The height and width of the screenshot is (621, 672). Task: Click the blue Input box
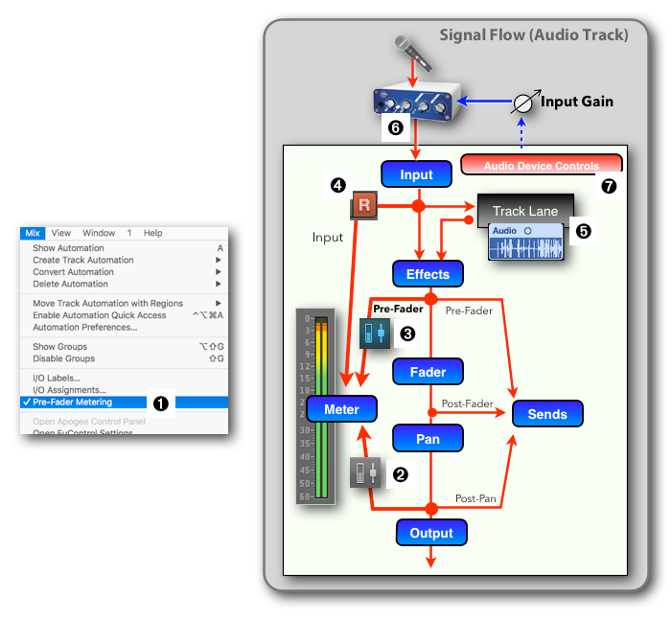click(x=416, y=174)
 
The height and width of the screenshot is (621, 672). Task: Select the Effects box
click(x=428, y=274)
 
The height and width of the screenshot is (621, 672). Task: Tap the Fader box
click(x=428, y=371)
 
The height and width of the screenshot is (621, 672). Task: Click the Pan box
click(x=428, y=438)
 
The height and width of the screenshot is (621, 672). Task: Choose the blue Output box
click(x=431, y=533)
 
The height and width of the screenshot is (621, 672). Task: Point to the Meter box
click(x=341, y=409)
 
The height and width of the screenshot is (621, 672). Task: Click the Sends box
click(x=547, y=414)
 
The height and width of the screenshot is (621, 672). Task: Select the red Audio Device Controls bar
click(x=542, y=165)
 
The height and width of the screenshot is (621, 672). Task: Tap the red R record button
click(x=364, y=205)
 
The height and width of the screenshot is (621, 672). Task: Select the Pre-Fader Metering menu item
click(x=73, y=402)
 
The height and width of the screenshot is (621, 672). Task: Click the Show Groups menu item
click(x=59, y=347)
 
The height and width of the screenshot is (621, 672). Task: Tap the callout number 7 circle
click(x=609, y=186)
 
